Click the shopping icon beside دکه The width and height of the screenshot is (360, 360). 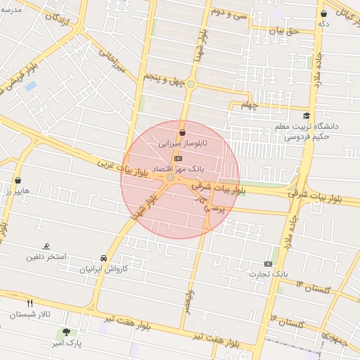pos(323,13)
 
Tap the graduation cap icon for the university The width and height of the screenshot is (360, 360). pos(306,116)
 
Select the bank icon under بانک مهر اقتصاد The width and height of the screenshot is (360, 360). pos(176,159)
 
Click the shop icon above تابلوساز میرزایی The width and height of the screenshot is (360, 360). pos(183,132)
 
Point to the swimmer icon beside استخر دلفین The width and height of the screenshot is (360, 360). pos(46,246)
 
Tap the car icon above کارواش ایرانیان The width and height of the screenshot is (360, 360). pos(104,257)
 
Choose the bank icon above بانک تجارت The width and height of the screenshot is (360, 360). pos(267,263)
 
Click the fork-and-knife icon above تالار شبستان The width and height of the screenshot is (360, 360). pos(30,303)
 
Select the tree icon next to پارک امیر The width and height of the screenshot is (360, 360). pos(66,332)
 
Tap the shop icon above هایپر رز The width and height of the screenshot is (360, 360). pos(17,180)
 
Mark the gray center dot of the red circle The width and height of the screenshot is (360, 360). pos(171,178)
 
